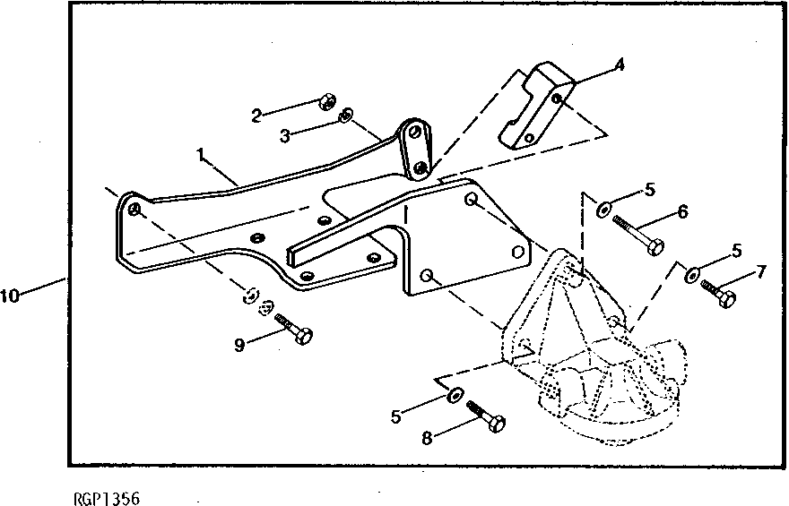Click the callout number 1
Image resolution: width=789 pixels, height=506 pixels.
tap(203, 154)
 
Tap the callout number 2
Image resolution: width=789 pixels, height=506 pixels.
tap(256, 115)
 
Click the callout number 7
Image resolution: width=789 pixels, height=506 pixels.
tap(761, 270)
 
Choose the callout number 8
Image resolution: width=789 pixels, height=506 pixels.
tap(428, 439)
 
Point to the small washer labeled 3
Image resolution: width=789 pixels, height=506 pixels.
tap(344, 116)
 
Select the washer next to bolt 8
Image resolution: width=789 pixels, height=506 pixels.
tap(453, 394)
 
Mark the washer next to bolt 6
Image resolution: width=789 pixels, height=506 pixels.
tap(602, 211)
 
